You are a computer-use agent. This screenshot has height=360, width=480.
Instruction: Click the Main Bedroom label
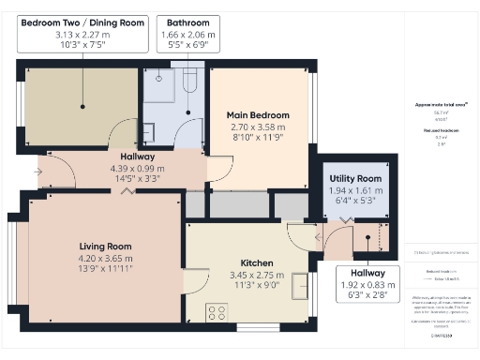click(x=258, y=115)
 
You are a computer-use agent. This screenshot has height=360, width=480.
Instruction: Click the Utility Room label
click(x=356, y=178)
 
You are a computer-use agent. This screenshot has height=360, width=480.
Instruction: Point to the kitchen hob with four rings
click(x=217, y=311)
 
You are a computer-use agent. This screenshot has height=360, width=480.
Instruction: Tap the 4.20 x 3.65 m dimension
click(x=105, y=259)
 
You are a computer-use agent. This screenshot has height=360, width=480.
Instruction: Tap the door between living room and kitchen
click(x=197, y=279)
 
